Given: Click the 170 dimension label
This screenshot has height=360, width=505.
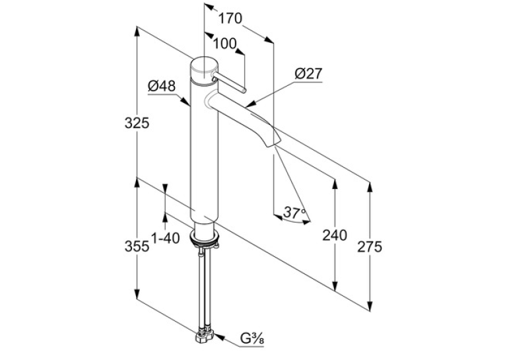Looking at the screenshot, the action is [230, 18].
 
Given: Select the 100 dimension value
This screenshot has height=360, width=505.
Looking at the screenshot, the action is [225, 44].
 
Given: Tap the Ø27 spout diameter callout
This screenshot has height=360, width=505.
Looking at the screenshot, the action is [308, 74].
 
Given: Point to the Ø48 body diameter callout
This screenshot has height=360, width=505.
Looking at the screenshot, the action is [162, 87].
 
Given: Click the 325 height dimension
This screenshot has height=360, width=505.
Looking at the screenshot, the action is [137, 123].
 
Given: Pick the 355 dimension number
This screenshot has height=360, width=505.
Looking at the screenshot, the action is [137, 246].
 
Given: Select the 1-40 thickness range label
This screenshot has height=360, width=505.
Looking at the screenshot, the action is [165, 238].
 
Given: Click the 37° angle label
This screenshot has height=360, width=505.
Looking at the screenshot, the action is [294, 213].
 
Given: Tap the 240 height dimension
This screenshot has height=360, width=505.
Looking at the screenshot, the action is [335, 235].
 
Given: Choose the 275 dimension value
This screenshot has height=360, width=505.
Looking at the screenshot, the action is [370, 246].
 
